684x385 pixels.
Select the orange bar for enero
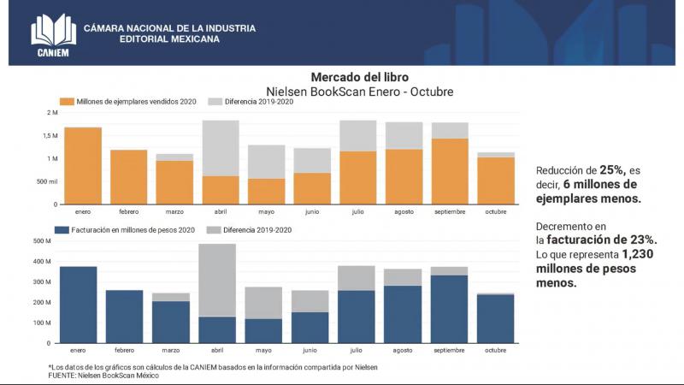coord(83,166)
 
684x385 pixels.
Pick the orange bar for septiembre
coord(450,171)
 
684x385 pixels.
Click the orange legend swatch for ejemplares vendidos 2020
coord(64,102)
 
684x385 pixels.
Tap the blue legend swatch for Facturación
coord(64,229)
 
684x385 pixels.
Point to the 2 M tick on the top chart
coord(52,113)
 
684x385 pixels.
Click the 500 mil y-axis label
coord(47,182)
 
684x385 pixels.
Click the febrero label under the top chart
coord(128,210)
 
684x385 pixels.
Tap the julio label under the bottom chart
coord(358,350)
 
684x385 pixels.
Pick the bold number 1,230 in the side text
coord(640,254)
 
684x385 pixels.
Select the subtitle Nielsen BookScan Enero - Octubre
coord(359,91)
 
